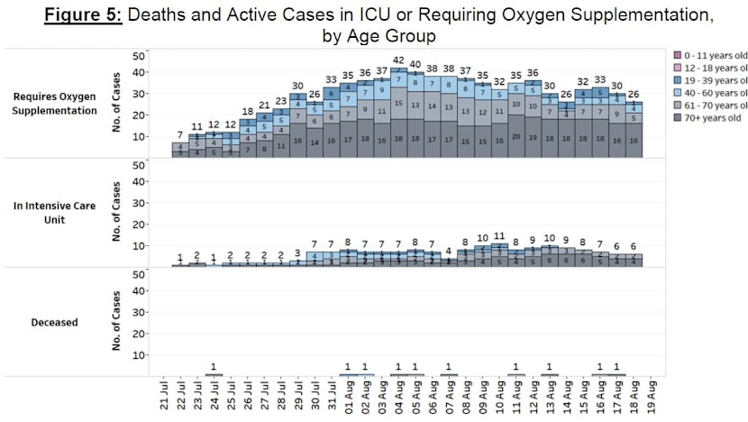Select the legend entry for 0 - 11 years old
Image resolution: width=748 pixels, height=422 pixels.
707,55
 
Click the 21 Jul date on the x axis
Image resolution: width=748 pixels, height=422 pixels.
163,396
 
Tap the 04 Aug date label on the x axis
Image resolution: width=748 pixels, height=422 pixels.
398,396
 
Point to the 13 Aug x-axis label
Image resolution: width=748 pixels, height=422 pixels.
550,396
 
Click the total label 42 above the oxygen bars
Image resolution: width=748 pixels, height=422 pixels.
398,60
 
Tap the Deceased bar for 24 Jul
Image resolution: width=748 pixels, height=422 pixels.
213,374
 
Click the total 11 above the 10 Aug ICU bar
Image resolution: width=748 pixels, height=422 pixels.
499,236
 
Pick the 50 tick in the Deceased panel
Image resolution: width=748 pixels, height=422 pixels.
139,275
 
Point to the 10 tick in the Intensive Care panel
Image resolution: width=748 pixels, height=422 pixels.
139,245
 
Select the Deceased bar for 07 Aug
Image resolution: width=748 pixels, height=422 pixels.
449,374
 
